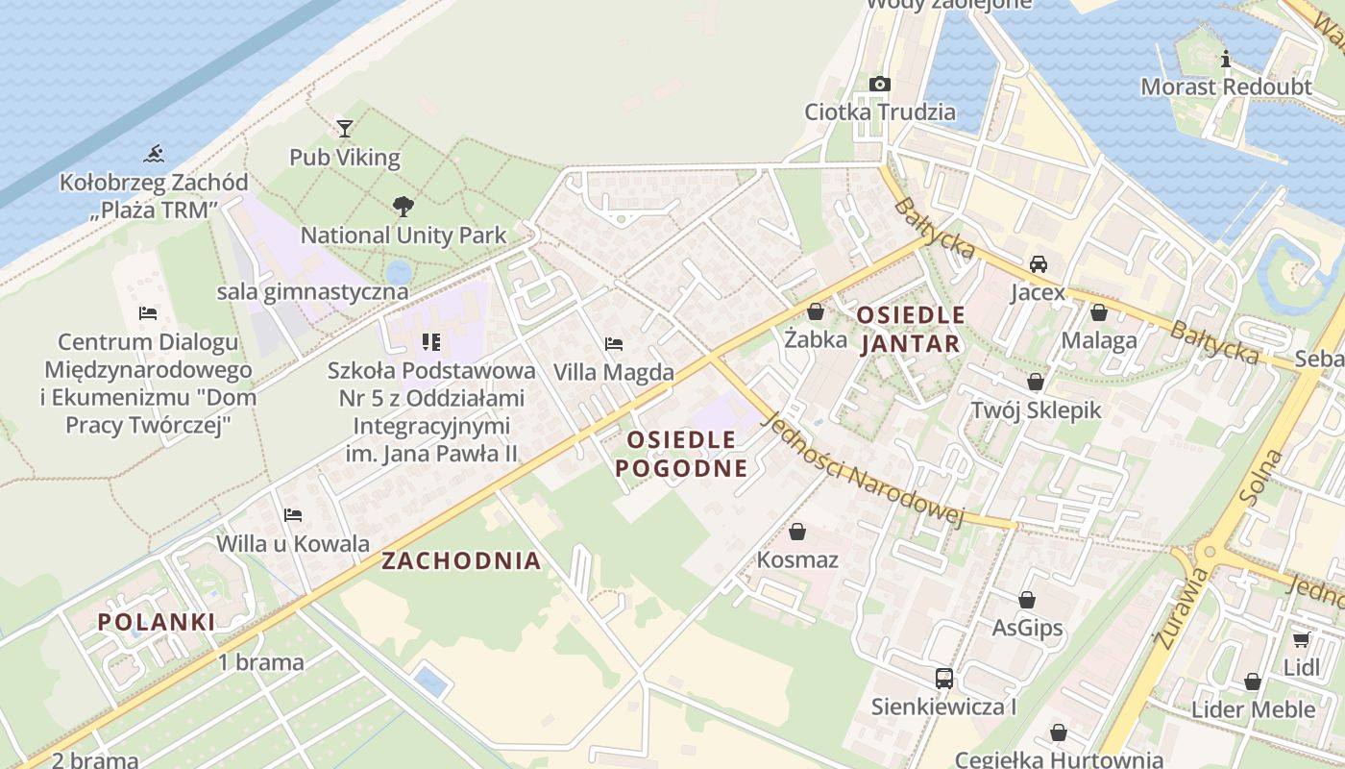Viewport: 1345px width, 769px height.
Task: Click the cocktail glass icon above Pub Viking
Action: [345, 128]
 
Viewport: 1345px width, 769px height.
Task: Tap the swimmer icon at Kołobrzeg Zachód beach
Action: [153, 153]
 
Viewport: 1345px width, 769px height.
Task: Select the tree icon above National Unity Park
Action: [403, 205]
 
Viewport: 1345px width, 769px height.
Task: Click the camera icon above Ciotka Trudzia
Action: [879, 85]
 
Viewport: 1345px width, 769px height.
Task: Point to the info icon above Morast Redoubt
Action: [1225, 59]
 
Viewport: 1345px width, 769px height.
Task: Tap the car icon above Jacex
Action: [1038, 263]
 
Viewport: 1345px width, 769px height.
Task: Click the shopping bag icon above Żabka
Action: [816, 311]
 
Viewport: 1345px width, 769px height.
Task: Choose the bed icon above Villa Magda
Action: [614, 343]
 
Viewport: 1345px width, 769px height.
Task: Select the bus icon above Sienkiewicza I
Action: [943, 679]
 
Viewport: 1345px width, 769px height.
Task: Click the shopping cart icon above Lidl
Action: [1301, 639]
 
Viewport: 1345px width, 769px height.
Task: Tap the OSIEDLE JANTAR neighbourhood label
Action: [910, 329]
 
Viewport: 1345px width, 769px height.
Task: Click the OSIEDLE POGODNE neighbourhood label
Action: [681, 454]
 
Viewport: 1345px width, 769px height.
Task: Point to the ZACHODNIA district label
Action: [461, 561]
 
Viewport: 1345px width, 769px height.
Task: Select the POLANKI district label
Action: [157, 622]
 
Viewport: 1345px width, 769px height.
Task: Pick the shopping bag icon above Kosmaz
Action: [796, 532]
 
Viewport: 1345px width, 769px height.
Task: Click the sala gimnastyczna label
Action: [312, 291]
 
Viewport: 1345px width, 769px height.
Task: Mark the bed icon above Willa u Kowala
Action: [293, 515]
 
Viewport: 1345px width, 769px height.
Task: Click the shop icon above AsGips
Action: [1027, 600]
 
